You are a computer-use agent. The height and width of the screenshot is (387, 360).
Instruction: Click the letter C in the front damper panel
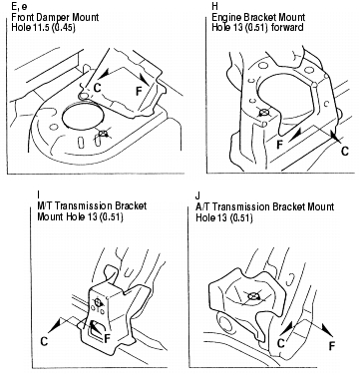tap(98, 88)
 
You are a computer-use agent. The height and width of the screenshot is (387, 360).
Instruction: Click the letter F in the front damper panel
tap(140, 91)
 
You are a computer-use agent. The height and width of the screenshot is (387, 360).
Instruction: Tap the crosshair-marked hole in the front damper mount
tap(104, 134)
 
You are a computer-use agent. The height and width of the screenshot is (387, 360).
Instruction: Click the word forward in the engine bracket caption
tap(287, 27)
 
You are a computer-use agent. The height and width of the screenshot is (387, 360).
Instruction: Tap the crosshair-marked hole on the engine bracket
tap(264, 113)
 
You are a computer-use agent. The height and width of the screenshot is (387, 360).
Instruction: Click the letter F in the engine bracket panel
tap(280, 145)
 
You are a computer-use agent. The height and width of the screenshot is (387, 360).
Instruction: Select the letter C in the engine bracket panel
tap(345, 152)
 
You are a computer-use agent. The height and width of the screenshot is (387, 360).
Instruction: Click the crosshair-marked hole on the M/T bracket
tap(98, 302)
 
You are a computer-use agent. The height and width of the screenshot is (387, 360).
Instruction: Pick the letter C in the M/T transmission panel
tap(44, 341)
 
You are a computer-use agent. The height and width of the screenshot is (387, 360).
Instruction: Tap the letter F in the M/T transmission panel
tap(107, 339)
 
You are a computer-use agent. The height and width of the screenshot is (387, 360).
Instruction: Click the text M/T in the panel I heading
tap(45, 205)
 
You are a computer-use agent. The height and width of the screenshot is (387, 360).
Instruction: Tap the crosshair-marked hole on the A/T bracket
tap(253, 295)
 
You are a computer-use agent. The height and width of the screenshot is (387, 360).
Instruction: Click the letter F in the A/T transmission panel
tap(331, 346)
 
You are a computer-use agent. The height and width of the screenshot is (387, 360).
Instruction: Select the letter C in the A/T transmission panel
tap(281, 343)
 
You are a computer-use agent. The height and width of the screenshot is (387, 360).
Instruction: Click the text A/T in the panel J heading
tap(202, 206)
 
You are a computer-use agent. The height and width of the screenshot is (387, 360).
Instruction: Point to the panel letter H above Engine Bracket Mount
tap(215, 6)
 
